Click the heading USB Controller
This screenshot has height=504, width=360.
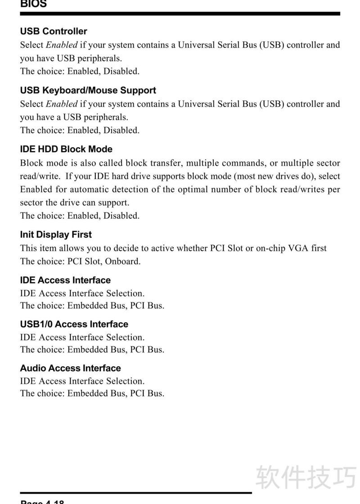54,31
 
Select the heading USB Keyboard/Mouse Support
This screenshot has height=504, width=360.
88,90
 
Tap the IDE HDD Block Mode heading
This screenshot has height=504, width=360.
66,149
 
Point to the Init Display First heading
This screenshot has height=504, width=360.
56,235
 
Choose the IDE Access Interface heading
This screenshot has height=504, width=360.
65,280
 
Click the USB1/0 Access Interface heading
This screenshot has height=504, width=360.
74,324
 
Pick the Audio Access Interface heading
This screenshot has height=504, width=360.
70,369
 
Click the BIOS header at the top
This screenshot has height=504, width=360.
33,4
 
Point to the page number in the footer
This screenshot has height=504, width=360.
42,501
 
